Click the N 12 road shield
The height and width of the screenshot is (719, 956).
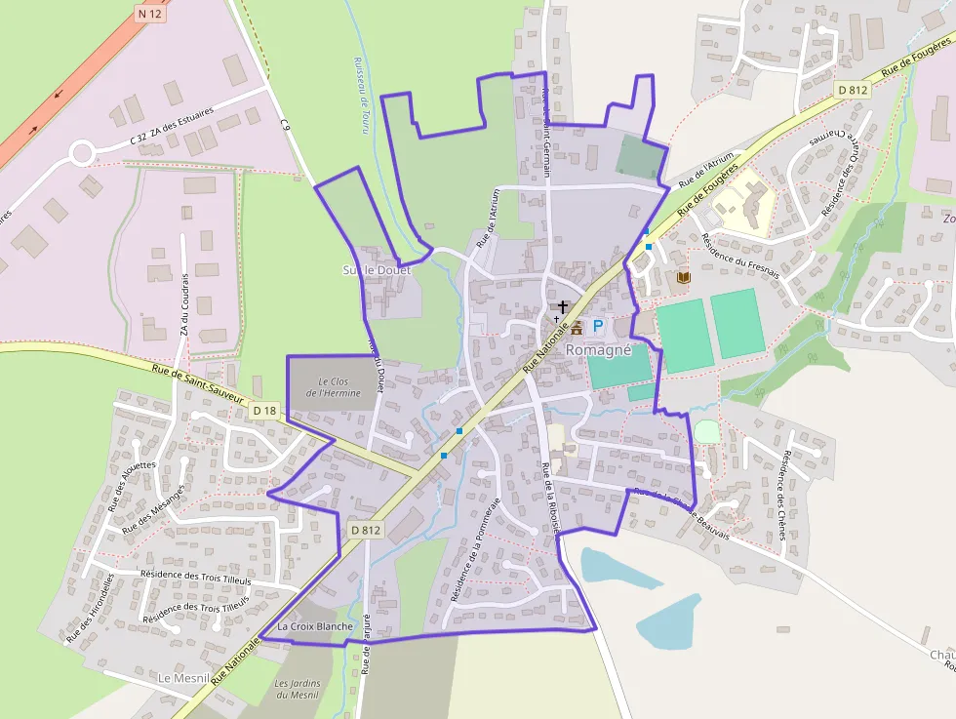(148, 14)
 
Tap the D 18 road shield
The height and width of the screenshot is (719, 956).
(264, 412)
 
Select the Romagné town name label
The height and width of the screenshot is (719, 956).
(599, 349)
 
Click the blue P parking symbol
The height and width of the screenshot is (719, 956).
(598, 327)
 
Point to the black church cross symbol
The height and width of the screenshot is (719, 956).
(563, 307)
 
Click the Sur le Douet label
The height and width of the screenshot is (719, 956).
(377, 269)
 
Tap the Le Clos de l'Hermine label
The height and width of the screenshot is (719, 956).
(333, 386)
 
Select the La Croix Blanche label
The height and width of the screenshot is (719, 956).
(314, 625)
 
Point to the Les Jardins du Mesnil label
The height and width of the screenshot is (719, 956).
(299, 689)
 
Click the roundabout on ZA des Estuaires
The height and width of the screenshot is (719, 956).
(80, 152)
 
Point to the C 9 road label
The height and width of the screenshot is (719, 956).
(286, 124)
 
